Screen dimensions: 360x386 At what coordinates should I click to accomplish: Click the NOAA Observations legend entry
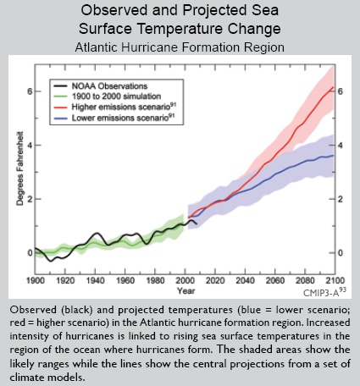coord(100,86)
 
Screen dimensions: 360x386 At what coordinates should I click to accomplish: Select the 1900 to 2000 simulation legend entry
coord(107,96)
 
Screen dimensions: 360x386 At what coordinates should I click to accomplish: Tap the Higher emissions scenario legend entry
coord(114,107)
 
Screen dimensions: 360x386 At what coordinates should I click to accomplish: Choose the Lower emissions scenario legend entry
coord(114,118)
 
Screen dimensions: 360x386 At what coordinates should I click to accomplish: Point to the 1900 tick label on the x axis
coord(36,281)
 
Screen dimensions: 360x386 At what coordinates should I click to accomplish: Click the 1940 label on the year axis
coord(95,281)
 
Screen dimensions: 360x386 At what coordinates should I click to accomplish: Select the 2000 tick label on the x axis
coord(186,281)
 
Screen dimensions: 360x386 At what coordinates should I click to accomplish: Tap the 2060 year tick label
coord(275,281)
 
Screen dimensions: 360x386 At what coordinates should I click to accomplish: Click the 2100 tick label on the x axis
coord(335,281)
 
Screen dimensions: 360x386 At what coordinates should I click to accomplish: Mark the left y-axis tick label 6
coord(30,91)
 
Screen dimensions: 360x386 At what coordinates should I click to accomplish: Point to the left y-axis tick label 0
coord(30,253)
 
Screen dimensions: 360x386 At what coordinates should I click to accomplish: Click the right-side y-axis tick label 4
coord(341,146)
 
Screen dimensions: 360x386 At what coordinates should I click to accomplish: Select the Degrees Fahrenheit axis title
coord(19,168)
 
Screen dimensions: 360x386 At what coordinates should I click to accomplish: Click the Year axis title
coord(186,291)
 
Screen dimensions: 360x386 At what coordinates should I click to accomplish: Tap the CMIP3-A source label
coord(324,292)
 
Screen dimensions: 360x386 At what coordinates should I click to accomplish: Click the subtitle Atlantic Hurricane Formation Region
coord(180,47)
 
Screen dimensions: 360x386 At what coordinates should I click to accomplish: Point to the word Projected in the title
coord(215,10)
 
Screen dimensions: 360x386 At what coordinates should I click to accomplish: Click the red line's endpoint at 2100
coord(334,87)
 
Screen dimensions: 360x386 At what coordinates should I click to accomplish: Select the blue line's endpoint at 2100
coord(334,155)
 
